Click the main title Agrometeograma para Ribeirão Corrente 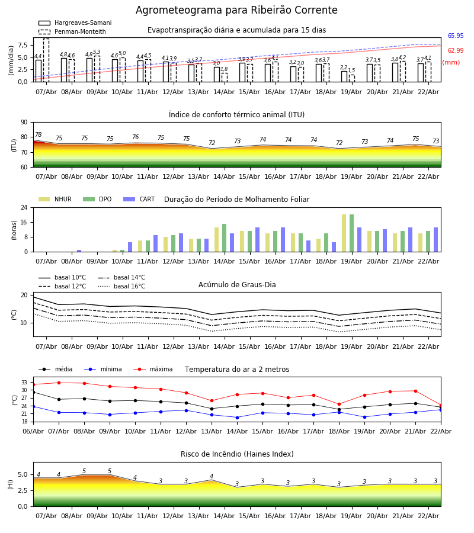pyautogui.click(x=236, y=11)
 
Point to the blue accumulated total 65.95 pyautogui.click(x=455, y=36)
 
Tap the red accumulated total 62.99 pyautogui.click(x=455, y=51)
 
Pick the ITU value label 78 pyautogui.click(x=38, y=135)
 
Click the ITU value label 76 pyautogui.click(x=135, y=137)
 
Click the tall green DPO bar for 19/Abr pyautogui.click(x=352, y=233)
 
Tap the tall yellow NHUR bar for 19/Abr pyautogui.click(x=344, y=233)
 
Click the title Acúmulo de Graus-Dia pyautogui.click(x=237, y=285)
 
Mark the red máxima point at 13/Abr pyautogui.click(x=212, y=401)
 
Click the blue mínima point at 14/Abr pyautogui.click(x=237, y=418)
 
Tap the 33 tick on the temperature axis pyautogui.click(x=24, y=383)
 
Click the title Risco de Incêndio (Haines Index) pyautogui.click(x=237, y=454)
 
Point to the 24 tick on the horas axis pyautogui.click(x=25, y=208)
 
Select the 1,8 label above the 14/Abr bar pyautogui.click(x=224, y=69)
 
